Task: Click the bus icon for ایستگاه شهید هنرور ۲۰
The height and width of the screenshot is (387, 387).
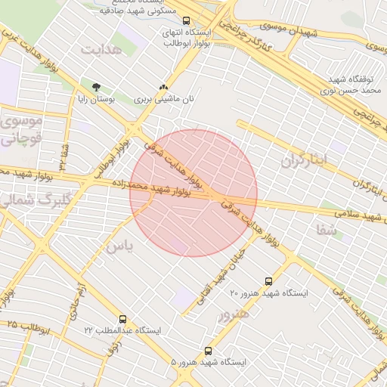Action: tap(268, 281)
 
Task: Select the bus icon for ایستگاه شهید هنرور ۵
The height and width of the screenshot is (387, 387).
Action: tap(208, 351)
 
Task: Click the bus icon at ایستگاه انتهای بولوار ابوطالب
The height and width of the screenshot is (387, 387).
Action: tap(187, 21)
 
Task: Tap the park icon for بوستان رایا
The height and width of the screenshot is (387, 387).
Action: tap(95, 87)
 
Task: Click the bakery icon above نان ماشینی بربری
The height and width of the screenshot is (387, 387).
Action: tap(163, 88)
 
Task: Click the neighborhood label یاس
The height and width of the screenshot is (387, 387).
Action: tap(119, 246)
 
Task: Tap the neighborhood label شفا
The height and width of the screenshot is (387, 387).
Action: tap(328, 231)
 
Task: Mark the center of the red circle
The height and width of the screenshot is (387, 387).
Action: tap(193, 193)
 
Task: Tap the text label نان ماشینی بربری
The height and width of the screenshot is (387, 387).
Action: tap(164, 99)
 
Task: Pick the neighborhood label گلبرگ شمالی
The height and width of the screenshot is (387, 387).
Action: tap(23, 200)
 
